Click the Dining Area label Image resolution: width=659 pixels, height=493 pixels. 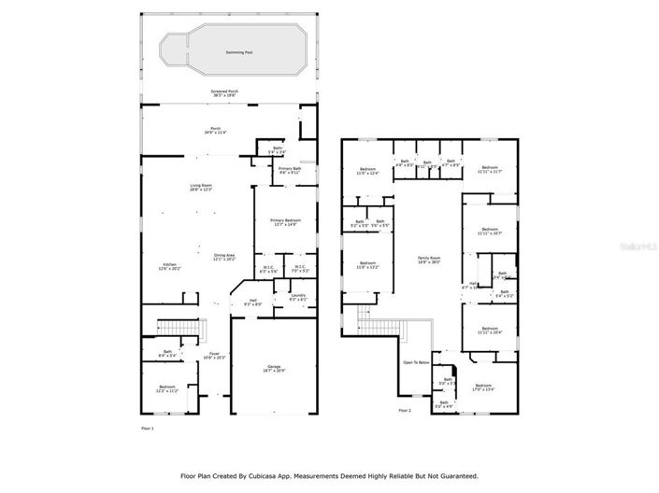[224, 258]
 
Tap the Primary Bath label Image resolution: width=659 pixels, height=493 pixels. [290, 171]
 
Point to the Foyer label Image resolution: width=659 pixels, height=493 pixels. [215, 356]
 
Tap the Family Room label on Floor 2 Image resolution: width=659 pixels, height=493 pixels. [429, 259]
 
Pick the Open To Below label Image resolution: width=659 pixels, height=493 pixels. [416, 362]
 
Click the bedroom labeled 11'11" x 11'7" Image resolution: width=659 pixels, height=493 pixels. [490, 170]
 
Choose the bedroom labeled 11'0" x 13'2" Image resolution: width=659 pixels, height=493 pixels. [366, 265]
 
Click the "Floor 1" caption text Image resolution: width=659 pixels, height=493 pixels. [147, 429]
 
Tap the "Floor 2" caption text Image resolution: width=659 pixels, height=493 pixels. [405, 411]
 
